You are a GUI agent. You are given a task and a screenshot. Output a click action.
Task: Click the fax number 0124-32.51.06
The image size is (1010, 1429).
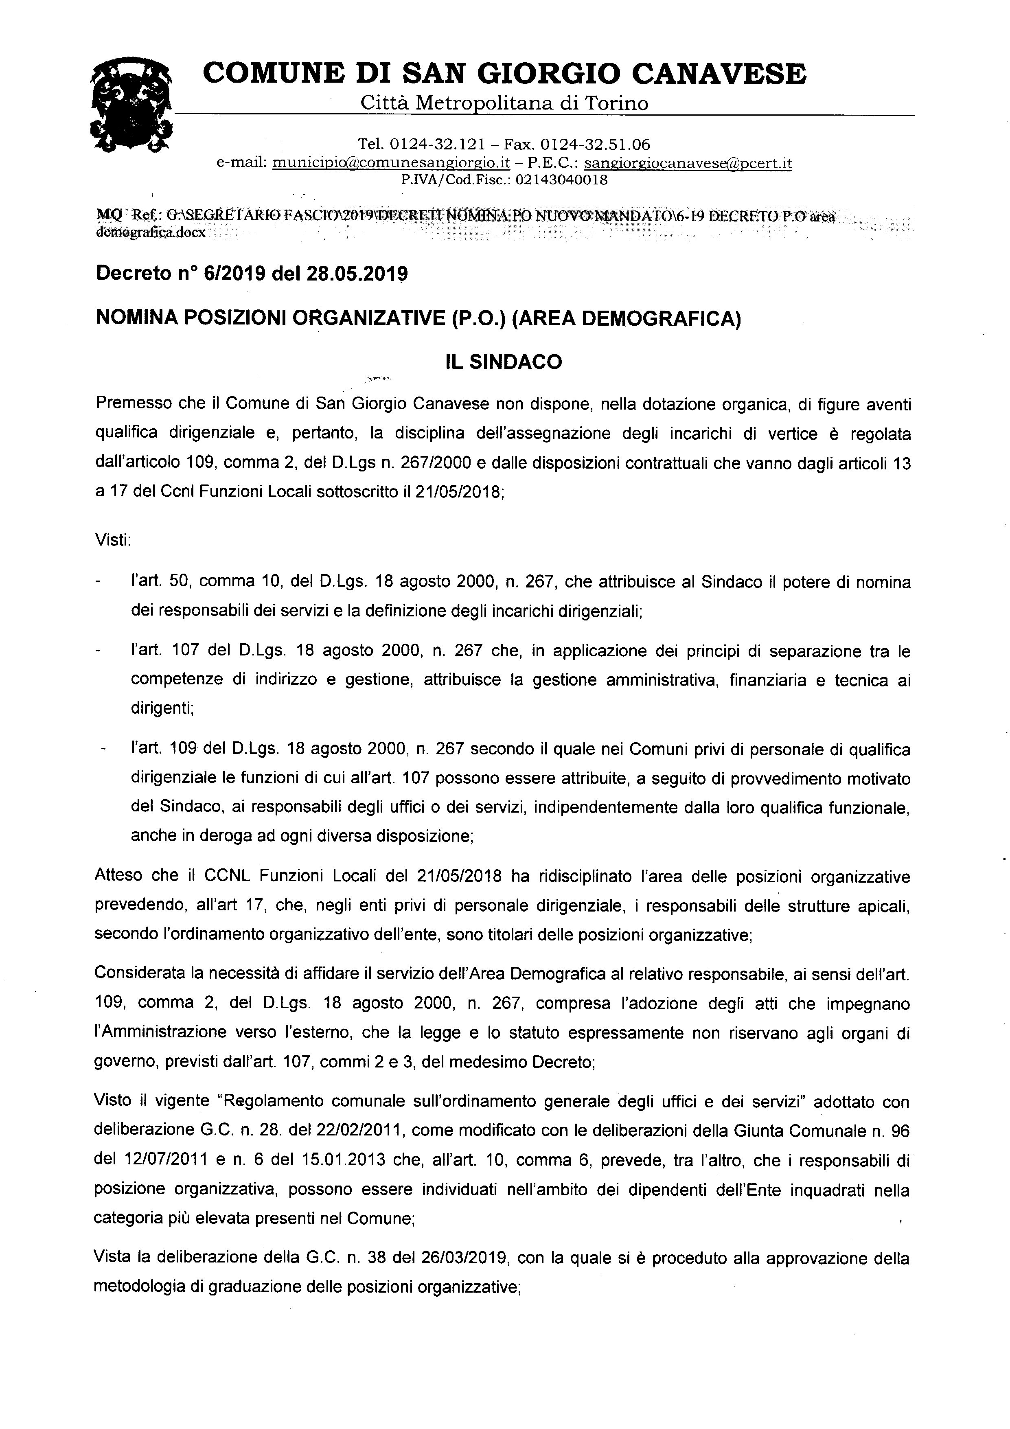point(595,145)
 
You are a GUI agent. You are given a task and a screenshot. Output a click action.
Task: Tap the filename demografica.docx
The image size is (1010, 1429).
point(151,233)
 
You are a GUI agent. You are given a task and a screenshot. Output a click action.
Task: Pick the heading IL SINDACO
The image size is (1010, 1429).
point(504,362)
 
